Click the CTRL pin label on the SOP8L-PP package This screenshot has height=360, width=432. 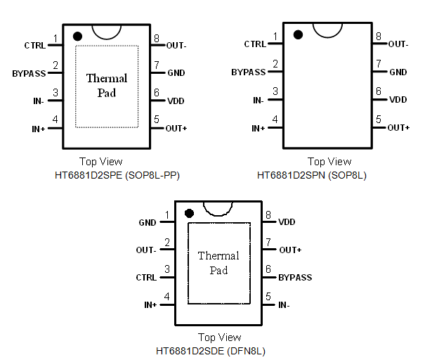(34, 46)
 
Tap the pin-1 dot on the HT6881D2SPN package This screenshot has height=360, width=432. (298, 34)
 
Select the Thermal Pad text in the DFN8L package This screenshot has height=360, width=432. (218, 263)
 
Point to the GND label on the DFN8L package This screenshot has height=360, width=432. (148, 223)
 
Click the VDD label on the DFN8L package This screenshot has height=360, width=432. (287, 222)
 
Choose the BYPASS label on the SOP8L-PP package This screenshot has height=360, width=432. (29, 73)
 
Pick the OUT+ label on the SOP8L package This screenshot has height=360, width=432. (398, 128)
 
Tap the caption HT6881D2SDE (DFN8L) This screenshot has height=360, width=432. (210, 349)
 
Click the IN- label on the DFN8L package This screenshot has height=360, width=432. (284, 305)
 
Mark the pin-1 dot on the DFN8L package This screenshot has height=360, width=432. (188, 213)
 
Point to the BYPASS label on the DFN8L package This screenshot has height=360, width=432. (295, 278)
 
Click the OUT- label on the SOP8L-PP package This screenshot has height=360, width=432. (176, 46)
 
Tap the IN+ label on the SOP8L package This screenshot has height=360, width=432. (258, 128)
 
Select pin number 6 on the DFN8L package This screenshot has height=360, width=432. (268, 269)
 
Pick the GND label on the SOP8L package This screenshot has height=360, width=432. (398, 72)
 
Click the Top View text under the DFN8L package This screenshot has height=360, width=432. (219, 337)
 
